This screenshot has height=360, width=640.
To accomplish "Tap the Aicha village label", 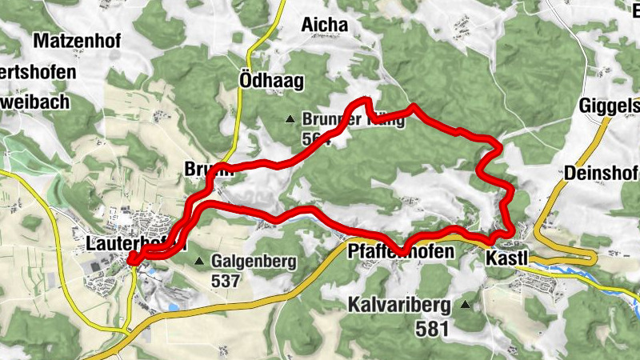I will point(325,26).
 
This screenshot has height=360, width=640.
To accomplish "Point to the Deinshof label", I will point(601,173).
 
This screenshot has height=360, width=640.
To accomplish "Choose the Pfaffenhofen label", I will point(402,252).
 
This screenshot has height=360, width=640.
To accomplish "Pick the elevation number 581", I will point(433,327).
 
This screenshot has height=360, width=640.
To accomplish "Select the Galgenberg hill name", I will point(254,261).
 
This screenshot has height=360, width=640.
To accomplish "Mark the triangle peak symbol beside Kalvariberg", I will point(466,305).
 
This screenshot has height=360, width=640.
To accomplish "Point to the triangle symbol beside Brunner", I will point(290,120).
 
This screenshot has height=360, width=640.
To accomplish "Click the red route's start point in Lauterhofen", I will point(130,258).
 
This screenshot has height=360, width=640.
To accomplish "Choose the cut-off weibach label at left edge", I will point(35,102).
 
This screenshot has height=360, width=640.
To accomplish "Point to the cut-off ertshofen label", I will point(38,72).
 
